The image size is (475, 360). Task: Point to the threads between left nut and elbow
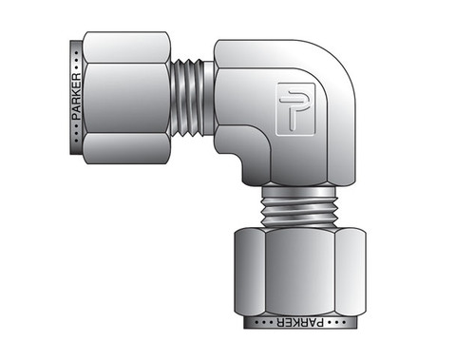(195, 98)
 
